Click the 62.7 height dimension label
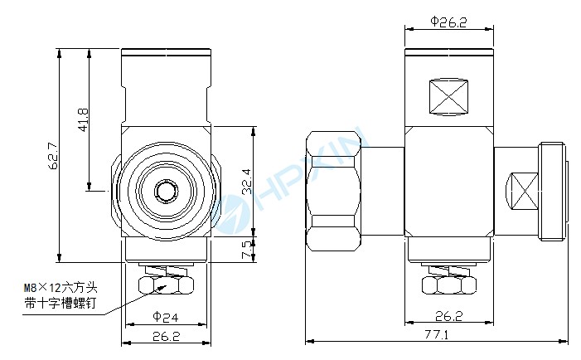click(x=53, y=156)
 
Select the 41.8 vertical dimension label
click(x=83, y=119)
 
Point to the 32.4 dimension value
click(x=247, y=182)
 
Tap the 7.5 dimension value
click(x=247, y=250)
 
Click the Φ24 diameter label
click(x=165, y=317)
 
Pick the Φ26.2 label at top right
click(x=448, y=22)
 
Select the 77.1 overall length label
click(x=437, y=335)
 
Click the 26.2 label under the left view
click(x=166, y=336)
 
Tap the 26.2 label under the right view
click(x=449, y=316)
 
